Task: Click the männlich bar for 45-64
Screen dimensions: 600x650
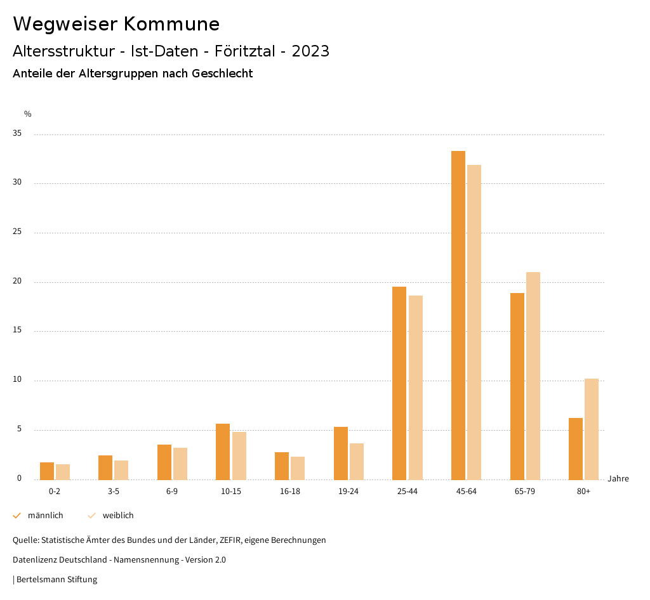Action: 458,315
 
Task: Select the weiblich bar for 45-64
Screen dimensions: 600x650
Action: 474,322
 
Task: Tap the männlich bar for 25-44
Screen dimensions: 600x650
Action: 399,383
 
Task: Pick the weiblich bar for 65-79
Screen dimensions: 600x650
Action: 533,375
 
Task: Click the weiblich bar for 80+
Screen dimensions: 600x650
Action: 592,429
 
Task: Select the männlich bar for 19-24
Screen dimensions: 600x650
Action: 341,453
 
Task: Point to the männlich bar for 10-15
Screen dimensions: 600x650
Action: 223,452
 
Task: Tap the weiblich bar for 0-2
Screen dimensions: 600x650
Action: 63,472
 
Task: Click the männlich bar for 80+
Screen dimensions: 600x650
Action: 576,448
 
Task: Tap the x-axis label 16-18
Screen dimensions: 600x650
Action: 290,492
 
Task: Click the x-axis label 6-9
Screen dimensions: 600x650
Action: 172,492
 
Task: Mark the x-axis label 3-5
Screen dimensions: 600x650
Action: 113,492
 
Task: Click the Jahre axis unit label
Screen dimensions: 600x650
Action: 618,478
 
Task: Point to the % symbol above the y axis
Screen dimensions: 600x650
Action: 28,114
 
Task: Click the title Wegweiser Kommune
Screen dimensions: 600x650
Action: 116,23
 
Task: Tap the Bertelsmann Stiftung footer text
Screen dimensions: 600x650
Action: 55,579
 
